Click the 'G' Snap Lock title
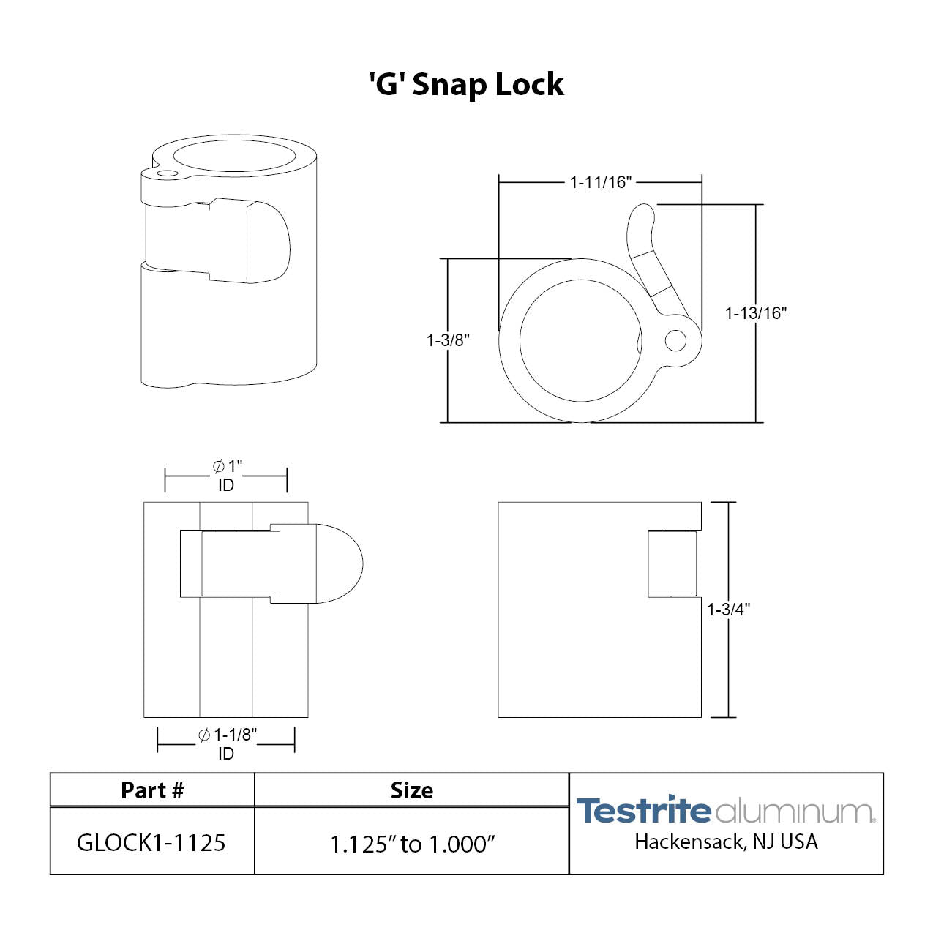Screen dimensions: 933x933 click(466, 84)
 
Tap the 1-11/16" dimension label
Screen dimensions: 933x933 click(600, 182)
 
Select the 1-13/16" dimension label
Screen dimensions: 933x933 click(756, 312)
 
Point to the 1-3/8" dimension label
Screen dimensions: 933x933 click(448, 340)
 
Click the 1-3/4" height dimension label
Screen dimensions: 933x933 click(729, 609)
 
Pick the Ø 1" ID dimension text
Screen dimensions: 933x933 click(227, 476)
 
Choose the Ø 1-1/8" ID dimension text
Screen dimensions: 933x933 click(227, 744)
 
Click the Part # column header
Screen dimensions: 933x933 click(152, 790)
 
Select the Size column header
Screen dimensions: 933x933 click(411, 790)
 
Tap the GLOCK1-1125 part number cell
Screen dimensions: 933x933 click(151, 843)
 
